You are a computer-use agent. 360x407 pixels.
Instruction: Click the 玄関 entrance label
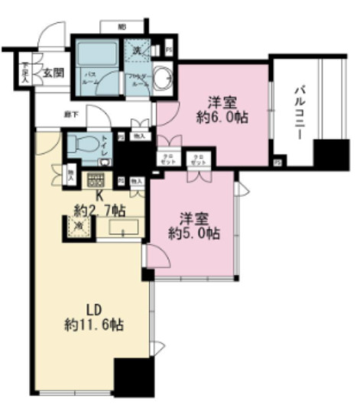[x=53, y=74]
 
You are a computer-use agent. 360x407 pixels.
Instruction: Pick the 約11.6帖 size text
[x=94, y=325]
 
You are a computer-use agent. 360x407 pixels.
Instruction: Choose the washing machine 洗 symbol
[x=135, y=50]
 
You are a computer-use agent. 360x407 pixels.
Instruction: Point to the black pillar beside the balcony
[x=331, y=156]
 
